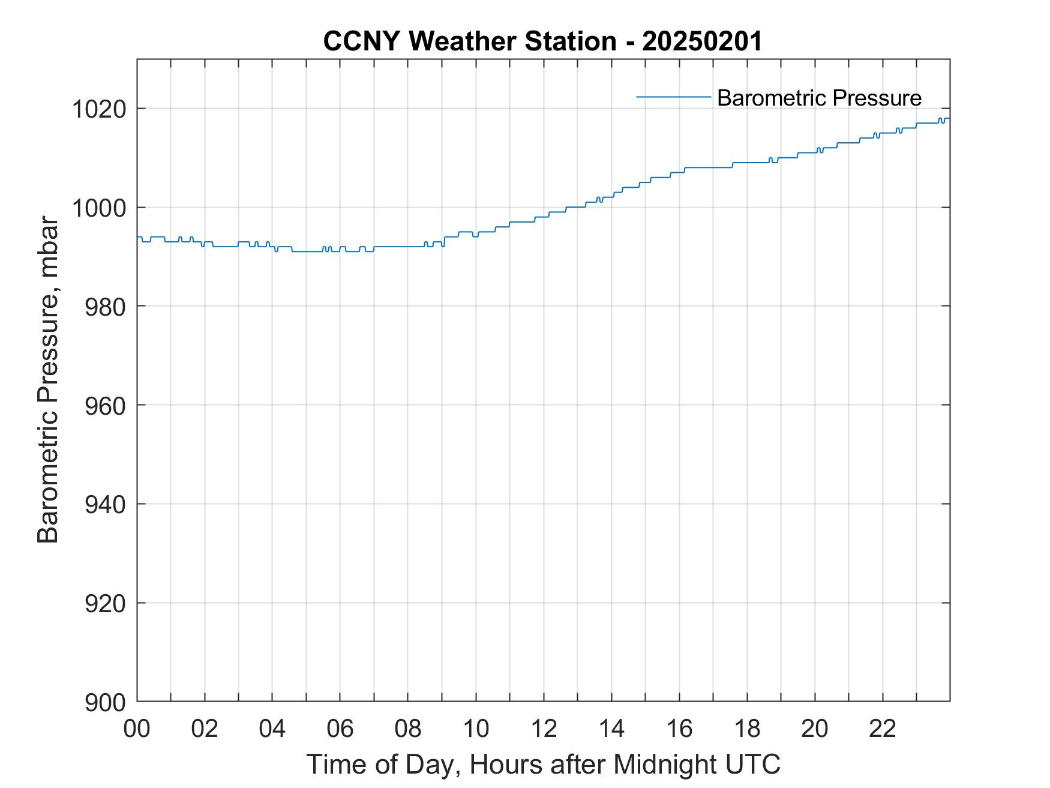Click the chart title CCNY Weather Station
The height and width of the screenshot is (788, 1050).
[469, 41]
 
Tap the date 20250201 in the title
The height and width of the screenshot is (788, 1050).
[702, 41]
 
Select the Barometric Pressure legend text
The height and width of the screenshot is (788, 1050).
[819, 98]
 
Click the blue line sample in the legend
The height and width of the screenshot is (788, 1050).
[673, 97]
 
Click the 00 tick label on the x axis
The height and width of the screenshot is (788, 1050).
[137, 729]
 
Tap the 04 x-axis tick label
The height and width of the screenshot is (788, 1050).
[272, 729]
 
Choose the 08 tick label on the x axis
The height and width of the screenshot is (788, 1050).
[408, 729]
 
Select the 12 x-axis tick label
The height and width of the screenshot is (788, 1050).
[544, 729]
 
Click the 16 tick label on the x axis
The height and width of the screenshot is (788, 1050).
[679, 729]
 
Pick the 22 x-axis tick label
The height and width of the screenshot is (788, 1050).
[883, 729]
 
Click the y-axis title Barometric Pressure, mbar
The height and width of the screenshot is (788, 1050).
[48, 380]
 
